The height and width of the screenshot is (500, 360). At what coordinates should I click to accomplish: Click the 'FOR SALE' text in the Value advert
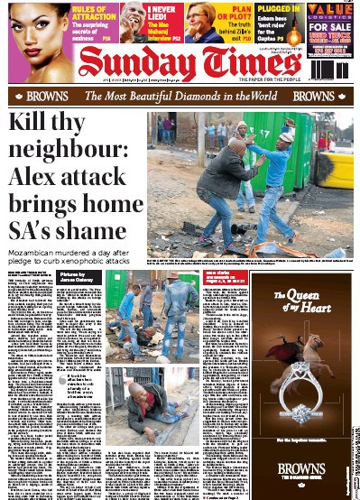330,28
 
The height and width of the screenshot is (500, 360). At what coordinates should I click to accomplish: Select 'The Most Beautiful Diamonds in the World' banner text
180,96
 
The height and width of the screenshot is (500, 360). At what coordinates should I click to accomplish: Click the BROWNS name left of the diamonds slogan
47,96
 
